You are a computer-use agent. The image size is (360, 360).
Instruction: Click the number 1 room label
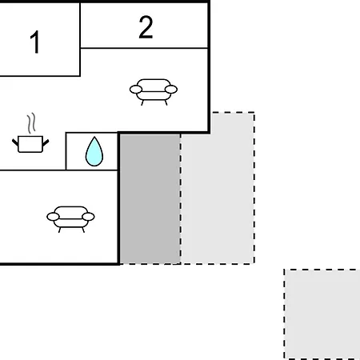pyautogui.click(x=35, y=42)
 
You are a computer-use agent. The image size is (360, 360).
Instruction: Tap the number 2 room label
pyautogui.click(x=146, y=27)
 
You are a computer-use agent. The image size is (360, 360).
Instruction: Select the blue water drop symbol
pyautogui.click(x=94, y=152)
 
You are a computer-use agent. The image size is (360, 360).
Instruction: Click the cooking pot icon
pyautogui.click(x=30, y=144)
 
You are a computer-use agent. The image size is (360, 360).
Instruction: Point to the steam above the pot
pyautogui.click(x=31, y=123)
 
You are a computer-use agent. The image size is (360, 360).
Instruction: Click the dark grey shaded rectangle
pyautogui.click(x=150, y=198)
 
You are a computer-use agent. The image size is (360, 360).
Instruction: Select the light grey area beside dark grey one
pyautogui.click(x=218, y=188)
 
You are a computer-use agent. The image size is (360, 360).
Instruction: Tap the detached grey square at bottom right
pyautogui.click(x=322, y=314)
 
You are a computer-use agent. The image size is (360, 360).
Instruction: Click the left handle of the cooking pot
pyautogui.click(x=15, y=142)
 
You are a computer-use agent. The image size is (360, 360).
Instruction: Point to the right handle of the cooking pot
pyautogui.click(x=46, y=142)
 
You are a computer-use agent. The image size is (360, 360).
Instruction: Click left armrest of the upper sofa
pyautogui.click(x=136, y=90)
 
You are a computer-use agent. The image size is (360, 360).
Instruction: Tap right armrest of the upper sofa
pyautogui.click(x=171, y=90)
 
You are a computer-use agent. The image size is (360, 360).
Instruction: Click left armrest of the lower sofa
pyautogui.click(x=53, y=217)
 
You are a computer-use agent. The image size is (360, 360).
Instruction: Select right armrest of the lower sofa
pyautogui.click(x=88, y=217)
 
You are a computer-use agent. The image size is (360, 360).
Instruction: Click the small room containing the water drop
pyautogui.click(x=91, y=151)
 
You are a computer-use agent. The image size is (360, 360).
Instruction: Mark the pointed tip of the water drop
pyautogui.click(x=94, y=137)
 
